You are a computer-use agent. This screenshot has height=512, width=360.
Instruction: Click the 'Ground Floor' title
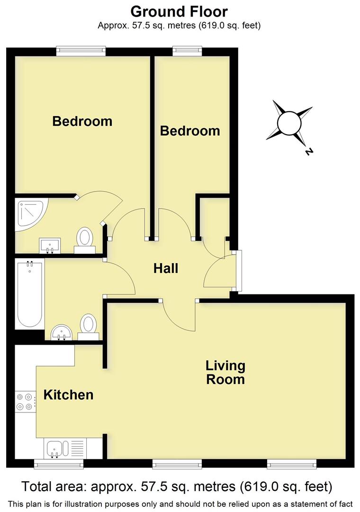[x=179, y=11]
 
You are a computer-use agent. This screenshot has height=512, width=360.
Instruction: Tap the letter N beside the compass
[x=309, y=152]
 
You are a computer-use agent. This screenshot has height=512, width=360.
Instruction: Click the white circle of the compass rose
[x=289, y=124]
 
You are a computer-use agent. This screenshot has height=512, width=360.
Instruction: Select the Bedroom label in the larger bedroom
[x=82, y=121]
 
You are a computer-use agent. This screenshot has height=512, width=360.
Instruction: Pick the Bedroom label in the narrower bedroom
[x=190, y=131]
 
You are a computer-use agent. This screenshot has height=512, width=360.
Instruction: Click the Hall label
[x=166, y=269]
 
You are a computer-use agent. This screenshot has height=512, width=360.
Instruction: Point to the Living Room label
[x=225, y=373]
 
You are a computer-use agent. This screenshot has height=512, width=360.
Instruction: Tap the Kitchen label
[x=68, y=395]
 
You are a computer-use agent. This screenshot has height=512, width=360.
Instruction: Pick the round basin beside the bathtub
[x=61, y=331]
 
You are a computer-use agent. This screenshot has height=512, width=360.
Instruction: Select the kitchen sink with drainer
[x=65, y=448]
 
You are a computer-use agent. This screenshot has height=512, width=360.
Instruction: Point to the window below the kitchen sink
[x=59, y=464]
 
